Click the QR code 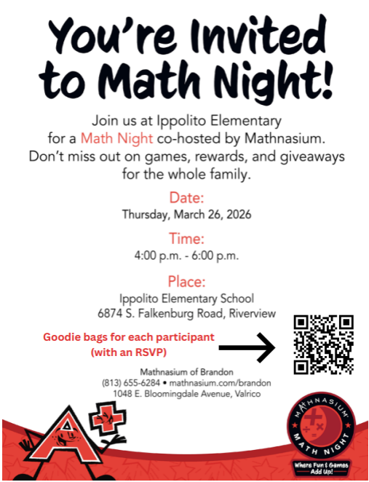(323, 344)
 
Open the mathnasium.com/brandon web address (219, 383)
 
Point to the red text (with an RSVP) (128, 352)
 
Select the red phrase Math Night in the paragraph (106, 136)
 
